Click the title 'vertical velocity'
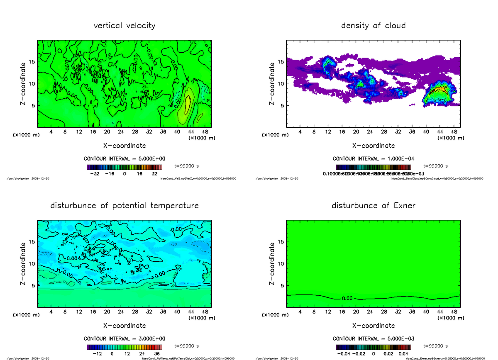(x=124, y=26)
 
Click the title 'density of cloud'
(x=373, y=26)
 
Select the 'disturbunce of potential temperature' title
(x=124, y=206)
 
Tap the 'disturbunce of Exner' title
(x=373, y=206)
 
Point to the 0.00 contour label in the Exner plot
(x=348, y=298)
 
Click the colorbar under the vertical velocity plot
(x=124, y=168)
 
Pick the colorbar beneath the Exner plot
(x=373, y=348)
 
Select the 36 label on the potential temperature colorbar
(x=158, y=354)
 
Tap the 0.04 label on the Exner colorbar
(x=403, y=354)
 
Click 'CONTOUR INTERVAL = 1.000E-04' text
(x=373, y=159)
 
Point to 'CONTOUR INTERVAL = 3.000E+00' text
(x=124, y=338)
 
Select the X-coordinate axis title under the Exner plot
(x=373, y=326)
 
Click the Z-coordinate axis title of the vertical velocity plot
(x=24, y=83)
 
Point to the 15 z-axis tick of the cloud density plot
(x=281, y=62)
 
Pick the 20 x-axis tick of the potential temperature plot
(x=107, y=311)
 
